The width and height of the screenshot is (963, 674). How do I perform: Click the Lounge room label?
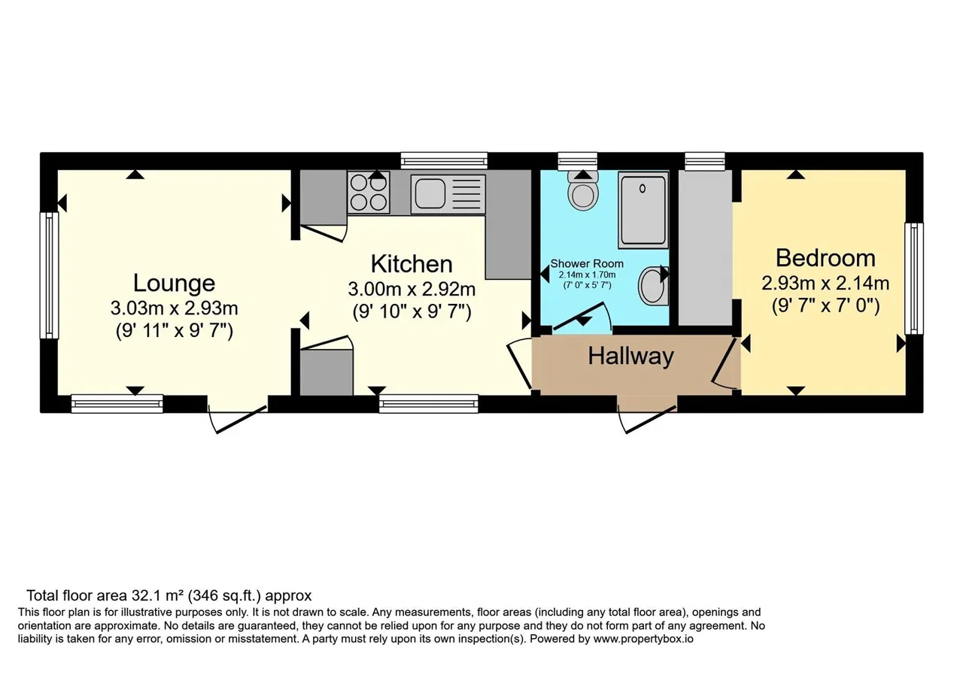coord(174,283)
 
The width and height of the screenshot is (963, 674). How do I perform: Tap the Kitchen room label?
coord(412,264)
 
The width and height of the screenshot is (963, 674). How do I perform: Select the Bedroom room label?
coord(825,258)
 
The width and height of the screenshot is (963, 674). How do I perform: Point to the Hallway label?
coord(630,357)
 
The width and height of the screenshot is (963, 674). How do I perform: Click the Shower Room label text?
coord(587,263)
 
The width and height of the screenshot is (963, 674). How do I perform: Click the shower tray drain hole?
coord(643,188)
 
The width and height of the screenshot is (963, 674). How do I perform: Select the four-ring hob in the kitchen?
coord(369,193)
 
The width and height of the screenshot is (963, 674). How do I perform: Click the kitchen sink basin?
coord(430,194)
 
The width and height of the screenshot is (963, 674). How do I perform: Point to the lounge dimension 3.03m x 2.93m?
coord(174,308)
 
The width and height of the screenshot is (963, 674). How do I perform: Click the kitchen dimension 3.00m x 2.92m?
coord(412,290)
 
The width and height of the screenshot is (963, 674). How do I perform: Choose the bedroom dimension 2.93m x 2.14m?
coord(825,284)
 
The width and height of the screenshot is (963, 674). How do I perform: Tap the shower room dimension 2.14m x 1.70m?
coord(587,275)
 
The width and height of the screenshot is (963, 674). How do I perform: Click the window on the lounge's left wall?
coord(49,275)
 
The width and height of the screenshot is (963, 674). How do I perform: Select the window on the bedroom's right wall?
coord(914,278)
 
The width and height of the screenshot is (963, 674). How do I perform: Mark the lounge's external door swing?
coord(237,418)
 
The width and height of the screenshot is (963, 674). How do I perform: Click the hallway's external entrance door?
coord(647,419)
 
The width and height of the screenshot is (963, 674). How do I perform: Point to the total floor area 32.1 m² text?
coord(169,596)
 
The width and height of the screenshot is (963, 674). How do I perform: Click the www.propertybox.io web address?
coord(643,639)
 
